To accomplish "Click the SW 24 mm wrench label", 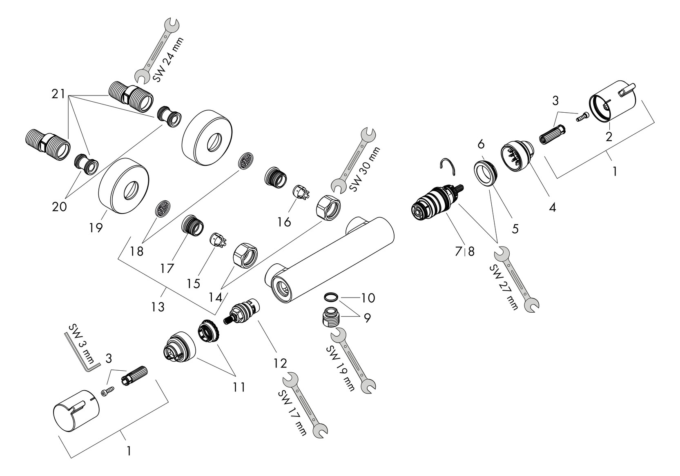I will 167,60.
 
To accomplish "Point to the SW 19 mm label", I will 339,368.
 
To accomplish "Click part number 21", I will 58,94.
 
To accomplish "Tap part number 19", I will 96,227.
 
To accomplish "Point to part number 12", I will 281,363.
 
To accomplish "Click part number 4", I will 552,207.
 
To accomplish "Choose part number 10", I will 368,298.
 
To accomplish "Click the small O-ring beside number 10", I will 331,296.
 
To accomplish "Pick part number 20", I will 60,207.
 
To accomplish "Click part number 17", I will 167,268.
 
